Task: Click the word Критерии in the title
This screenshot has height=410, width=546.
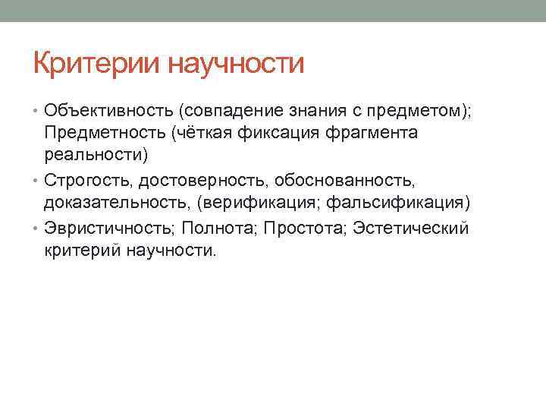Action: point(96,65)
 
